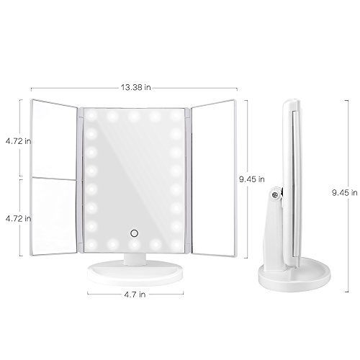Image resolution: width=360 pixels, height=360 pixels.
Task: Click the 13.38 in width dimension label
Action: pyautogui.click(x=135, y=87)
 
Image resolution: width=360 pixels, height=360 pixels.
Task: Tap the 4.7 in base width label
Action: pyautogui.click(x=135, y=294)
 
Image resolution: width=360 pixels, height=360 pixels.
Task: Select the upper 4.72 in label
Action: pyautogui.click(x=19, y=141)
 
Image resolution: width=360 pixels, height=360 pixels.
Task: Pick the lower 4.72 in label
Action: pyautogui.click(x=19, y=218)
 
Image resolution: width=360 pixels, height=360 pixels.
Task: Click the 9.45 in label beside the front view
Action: pyautogui.click(x=252, y=179)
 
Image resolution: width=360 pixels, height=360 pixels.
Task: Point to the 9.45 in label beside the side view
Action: pyautogui.click(x=345, y=192)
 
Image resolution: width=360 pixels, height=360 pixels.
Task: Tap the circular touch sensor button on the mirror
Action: pyautogui.click(x=134, y=233)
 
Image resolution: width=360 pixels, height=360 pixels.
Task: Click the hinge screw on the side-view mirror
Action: pyautogui.click(x=275, y=194)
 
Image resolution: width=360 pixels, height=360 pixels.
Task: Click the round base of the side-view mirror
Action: pyautogui.click(x=294, y=276)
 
